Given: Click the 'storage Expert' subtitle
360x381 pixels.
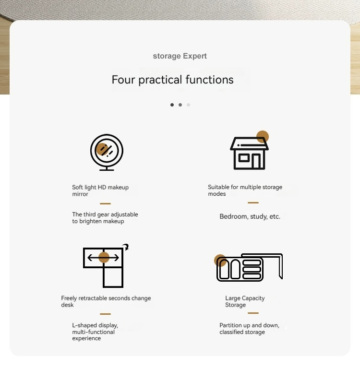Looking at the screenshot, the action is tap(180, 56).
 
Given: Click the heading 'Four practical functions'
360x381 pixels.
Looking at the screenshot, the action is tap(173, 80).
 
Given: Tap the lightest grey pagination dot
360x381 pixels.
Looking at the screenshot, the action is tap(188, 105).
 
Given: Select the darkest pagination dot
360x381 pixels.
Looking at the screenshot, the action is tap(172, 105).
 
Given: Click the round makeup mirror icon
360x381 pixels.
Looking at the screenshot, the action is tap(107, 152).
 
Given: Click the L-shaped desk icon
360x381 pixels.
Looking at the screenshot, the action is tap(106, 266).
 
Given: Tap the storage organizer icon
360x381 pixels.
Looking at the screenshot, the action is tap(249, 268).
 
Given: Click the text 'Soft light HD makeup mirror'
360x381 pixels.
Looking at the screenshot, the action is tap(100, 191).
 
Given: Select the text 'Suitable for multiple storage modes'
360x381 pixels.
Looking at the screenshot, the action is tap(245, 190).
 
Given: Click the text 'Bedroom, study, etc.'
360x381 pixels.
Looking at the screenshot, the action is tap(250, 216).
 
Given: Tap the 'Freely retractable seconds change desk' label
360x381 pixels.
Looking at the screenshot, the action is tap(106, 301).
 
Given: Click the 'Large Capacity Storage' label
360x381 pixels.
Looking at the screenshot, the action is tap(245, 301).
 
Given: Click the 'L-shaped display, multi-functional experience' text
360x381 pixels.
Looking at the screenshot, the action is tap(95, 332).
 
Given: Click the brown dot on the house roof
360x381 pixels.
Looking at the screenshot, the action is tap(263, 137).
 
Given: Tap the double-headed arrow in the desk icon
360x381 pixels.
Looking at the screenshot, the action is tap(103, 258).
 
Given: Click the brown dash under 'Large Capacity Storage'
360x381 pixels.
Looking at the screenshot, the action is tap(253, 313).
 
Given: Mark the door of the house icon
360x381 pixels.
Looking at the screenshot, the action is tap(256, 161).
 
